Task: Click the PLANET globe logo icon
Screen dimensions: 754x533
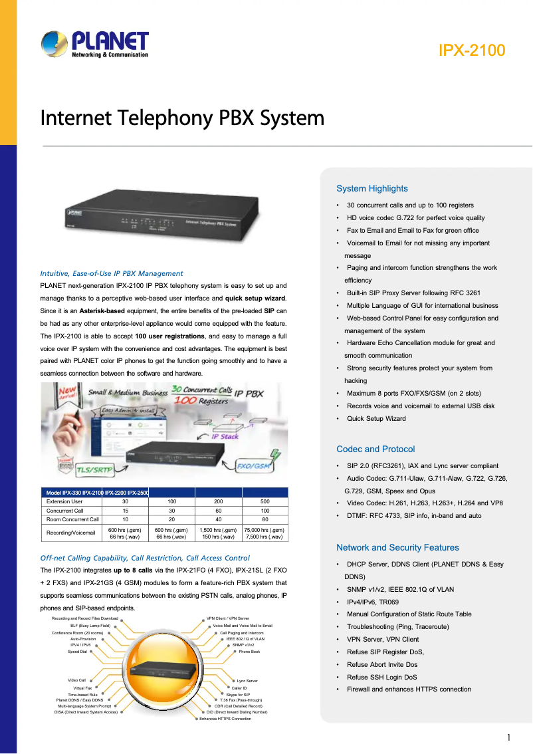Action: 53,45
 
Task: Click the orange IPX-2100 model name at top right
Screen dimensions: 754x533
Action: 471,51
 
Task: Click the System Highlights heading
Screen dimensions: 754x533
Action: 372,189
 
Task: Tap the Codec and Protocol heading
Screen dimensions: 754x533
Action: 375,449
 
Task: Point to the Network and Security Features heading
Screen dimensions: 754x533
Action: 397,547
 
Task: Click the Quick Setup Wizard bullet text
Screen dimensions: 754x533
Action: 375,418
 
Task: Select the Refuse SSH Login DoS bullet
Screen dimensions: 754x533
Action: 381,677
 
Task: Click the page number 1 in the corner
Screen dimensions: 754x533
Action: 508,737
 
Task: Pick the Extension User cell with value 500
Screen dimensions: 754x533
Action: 265,501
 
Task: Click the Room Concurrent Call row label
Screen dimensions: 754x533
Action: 72,519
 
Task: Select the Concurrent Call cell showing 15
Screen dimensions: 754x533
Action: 125,511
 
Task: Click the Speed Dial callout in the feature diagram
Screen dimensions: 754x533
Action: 77,652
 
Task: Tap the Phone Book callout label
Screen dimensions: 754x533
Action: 249,652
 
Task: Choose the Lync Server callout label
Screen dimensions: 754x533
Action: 247,681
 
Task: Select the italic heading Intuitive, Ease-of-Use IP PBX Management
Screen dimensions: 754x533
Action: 112,273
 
